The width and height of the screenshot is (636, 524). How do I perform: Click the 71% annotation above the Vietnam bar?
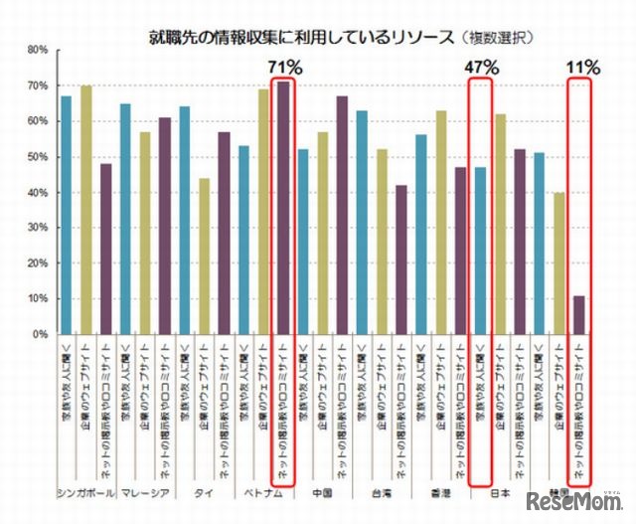point(284,67)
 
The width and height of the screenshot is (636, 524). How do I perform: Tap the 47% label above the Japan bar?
point(481,67)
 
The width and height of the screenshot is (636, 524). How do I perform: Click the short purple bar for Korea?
point(579,314)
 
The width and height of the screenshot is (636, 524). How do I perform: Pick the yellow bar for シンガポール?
point(86,210)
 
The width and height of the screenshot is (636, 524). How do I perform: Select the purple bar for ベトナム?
point(284,208)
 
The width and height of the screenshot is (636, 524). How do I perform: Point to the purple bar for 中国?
point(343,215)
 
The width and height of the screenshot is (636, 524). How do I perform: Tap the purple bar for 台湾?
point(401,260)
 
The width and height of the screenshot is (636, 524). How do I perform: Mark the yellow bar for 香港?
point(441,222)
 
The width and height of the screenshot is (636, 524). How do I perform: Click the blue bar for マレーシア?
point(126,219)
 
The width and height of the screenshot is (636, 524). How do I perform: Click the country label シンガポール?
point(86,492)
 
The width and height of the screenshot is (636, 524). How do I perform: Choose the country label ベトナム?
point(264,492)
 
